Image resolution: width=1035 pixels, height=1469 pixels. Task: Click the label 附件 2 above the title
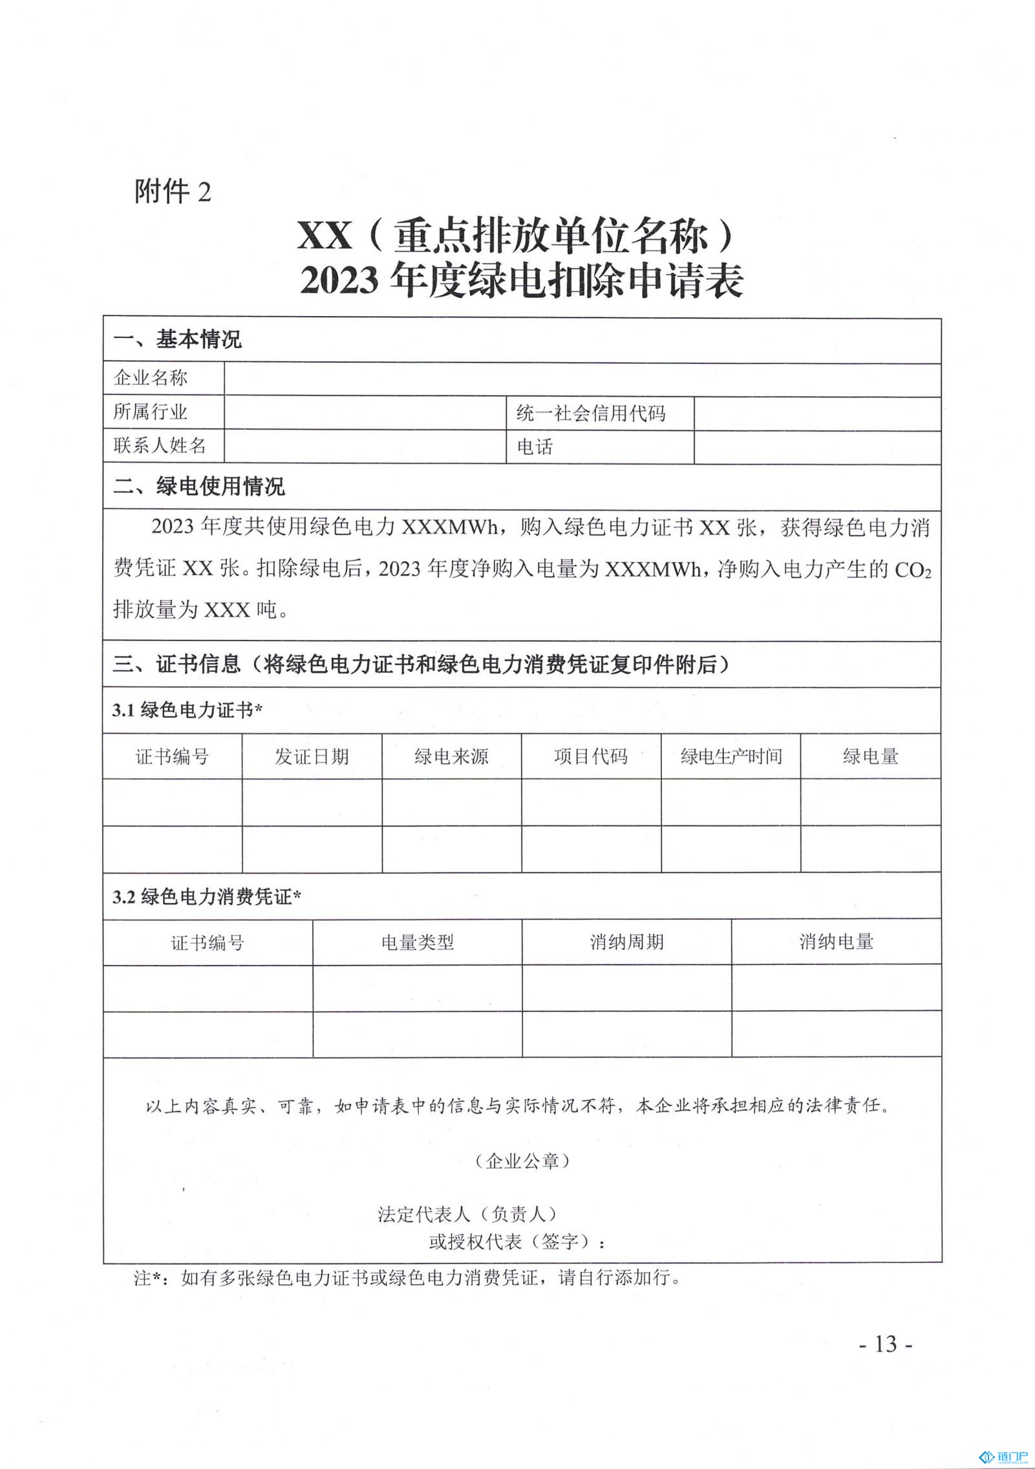[173, 191]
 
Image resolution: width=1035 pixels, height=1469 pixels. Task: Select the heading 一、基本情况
[177, 340]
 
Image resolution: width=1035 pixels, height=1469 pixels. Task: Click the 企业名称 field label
[151, 378]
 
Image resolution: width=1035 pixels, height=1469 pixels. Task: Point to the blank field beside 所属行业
[365, 413]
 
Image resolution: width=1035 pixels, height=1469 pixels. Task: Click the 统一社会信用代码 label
[591, 414]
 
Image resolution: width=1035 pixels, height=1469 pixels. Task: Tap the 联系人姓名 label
[160, 446]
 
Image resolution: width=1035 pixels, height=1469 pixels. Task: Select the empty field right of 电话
[816, 447]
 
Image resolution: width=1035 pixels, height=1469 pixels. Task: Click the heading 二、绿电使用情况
[198, 487]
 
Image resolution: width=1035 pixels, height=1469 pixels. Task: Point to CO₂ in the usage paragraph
[912, 570]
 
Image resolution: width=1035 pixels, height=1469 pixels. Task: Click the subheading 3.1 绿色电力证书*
[187, 710]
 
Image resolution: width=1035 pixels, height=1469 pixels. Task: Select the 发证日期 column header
[312, 756]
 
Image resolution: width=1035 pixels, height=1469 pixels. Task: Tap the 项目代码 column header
[591, 756]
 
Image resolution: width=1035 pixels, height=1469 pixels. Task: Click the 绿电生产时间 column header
[731, 756]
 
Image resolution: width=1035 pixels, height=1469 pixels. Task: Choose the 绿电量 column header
[870, 756]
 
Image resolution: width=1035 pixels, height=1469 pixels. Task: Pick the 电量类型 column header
[417, 942]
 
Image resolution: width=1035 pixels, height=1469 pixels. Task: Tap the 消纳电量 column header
[836, 942]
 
